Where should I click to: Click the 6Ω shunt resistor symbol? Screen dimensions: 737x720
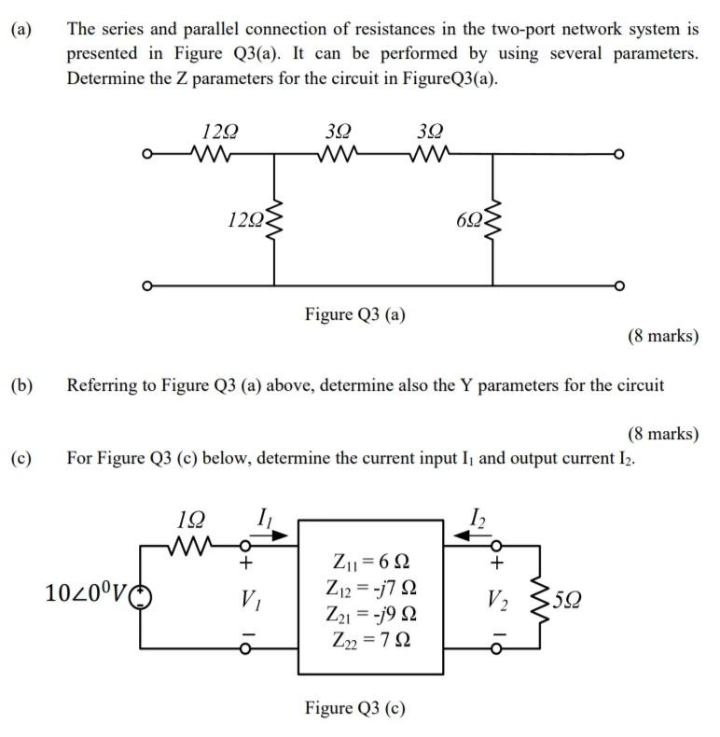pyautogui.click(x=492, y=218)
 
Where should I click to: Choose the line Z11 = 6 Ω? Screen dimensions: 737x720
pyautogui.click(x=369, y=563)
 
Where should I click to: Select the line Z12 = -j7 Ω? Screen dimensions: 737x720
pyautogui.click(x=369, y=589)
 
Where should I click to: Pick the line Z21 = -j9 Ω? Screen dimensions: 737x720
pyautogui.click(x=369, y=615)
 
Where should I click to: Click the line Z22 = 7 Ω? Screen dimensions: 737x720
pyautogui.click(x=369, y=640)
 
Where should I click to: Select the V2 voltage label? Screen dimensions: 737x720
pyautogui.click(x=496, y=597)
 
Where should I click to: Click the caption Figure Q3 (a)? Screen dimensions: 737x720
pyautogui.click(x=354, y=314)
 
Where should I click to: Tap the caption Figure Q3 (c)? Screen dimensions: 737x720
pyautogui.click(x=354, y=707)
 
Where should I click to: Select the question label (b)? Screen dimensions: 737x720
pyautogui.click(x=21, y=384)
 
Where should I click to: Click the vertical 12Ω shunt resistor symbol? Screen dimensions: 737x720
pyautogui.click(x=274, y=219)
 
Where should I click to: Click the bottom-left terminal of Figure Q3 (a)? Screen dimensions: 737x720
pyautogui.click(x=144, y=285)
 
